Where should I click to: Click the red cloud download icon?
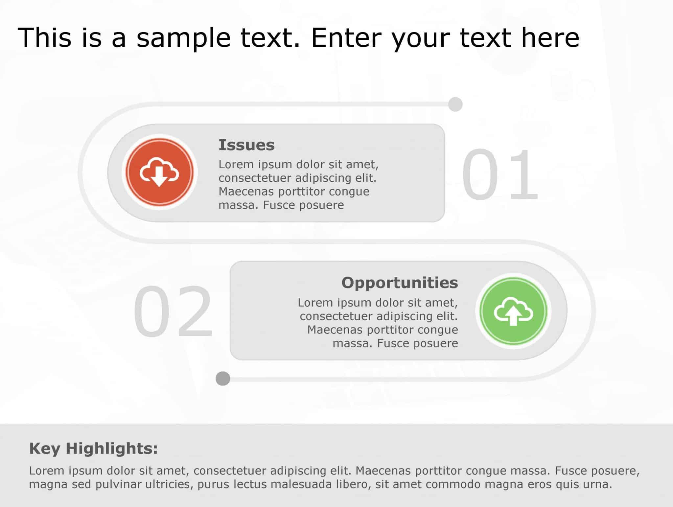point(159,172)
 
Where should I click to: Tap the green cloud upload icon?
point(513,311)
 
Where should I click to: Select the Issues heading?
point(246,145)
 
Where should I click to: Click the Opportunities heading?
point(400,283)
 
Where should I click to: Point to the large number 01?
point(500,174)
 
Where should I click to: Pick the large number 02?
point(173,311)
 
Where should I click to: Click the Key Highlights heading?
point(93,449)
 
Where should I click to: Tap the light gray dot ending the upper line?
point(455,104)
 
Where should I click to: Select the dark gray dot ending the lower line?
point(223,379)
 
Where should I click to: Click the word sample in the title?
point(183,38)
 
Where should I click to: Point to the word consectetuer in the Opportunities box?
point(336,316)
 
